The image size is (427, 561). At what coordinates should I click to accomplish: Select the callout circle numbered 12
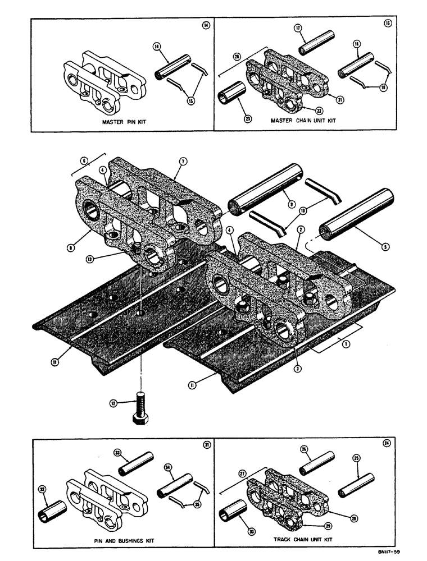[115, 402]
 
